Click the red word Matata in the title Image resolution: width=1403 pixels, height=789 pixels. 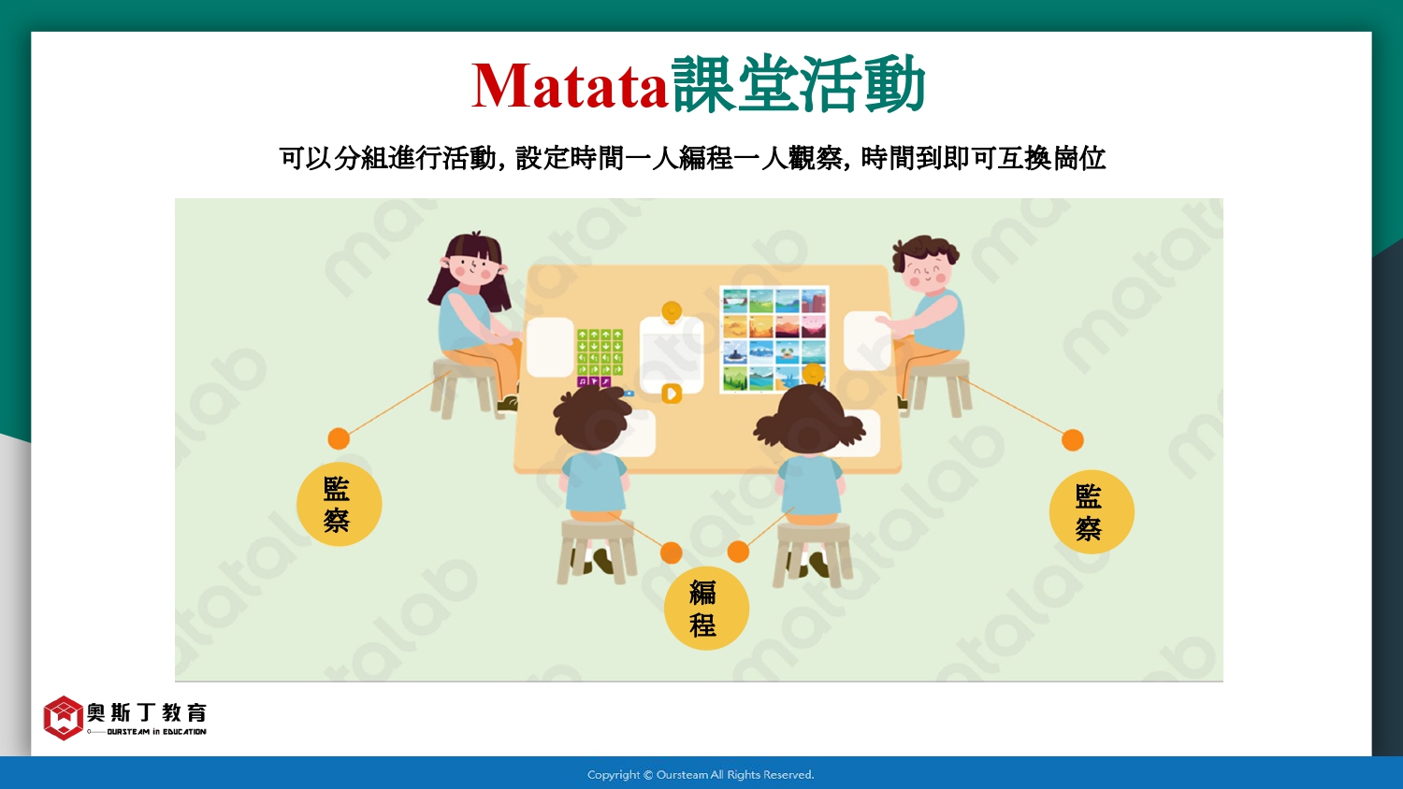[x=570, y=86]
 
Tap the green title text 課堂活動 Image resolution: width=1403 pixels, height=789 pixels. [x=798, y=84]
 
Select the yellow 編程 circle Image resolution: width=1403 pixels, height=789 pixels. [x=706, y=608]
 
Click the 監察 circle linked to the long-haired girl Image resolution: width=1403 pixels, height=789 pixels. [x=339, y=504]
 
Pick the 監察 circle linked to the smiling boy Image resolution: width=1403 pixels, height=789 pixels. [x=1092, y=511]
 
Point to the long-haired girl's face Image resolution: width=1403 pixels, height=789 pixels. [x=475, y=269]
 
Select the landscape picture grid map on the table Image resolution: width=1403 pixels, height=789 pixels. [x=774, y=339]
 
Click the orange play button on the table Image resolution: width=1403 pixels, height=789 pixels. [x=672, y=394]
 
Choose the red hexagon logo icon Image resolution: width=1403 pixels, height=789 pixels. [x=63, y=718]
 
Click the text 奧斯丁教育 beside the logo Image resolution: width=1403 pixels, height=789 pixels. [x=147, y=712]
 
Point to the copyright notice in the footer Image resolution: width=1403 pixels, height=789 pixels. [x=701, y=775]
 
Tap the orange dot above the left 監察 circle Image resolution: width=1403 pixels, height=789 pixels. [x=339, y=438]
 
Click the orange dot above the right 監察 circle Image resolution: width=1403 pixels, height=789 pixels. [x=1072, y=439]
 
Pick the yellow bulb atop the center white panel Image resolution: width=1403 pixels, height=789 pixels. [x=672, y=311]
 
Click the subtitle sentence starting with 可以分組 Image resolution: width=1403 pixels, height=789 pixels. [x=691, y=158]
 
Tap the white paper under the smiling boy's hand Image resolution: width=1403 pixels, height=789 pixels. [x=867, y=341]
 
